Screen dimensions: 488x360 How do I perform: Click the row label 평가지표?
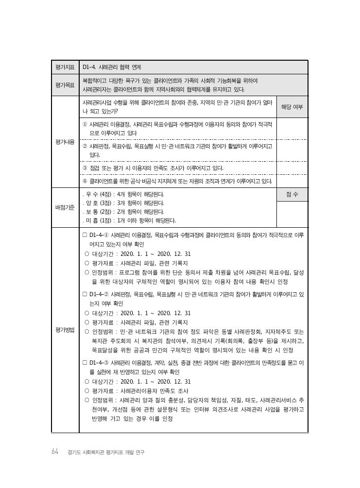click(x=65, y=67)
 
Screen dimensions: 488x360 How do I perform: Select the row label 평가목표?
click(x=65, y=85)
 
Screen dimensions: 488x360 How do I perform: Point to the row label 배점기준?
click(x=65, y=207)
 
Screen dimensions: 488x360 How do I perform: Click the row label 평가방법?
click(x=65, y=330)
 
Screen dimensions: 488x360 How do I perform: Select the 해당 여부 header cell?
click(x=292, y=107)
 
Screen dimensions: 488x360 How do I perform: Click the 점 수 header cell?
click(x=292, y=194)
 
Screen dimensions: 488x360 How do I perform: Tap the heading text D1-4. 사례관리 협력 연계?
click(x=112, y=67)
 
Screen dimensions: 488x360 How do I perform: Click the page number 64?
click(x=55, y=452)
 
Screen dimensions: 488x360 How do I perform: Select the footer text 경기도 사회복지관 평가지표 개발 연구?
click(x=106, y=452)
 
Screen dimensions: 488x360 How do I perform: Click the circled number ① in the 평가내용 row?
click(x=85, y=124)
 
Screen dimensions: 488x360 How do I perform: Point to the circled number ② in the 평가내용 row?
click(x=85, y=146)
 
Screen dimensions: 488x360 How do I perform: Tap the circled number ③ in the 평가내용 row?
click(x=85, y=168)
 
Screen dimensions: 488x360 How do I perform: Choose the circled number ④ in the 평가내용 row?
click(x=85, y=181)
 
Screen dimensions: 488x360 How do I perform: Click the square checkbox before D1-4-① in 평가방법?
click(x=85, y=235)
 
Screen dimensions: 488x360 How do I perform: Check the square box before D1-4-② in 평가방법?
click(x=85, y=294)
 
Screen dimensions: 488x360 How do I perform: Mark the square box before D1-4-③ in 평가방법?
click(x=85, y=363)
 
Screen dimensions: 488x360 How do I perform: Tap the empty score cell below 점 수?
click(x=292, y=214)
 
